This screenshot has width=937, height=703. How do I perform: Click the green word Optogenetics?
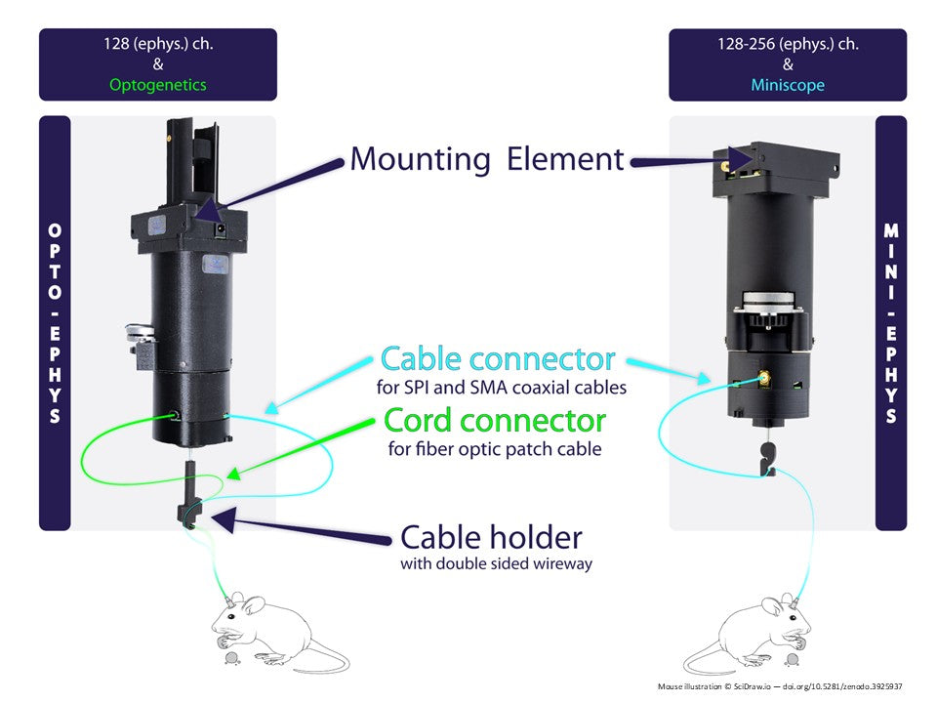157,85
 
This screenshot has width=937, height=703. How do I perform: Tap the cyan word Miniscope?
787,85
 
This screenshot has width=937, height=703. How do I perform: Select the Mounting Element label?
486,158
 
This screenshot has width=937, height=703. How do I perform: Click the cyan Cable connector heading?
498,359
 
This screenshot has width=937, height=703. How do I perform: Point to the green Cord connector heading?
495,421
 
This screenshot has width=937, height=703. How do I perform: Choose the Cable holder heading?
491,537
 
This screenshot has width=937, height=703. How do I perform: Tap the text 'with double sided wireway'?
496,564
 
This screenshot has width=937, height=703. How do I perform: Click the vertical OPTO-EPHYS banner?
55,323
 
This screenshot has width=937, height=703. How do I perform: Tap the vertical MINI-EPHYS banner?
891,323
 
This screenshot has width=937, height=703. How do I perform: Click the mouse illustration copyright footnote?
780,686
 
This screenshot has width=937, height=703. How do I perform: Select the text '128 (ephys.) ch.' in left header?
157,44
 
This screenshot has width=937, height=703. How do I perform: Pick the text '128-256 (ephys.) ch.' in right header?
787,44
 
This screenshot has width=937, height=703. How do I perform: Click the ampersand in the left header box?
157,64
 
